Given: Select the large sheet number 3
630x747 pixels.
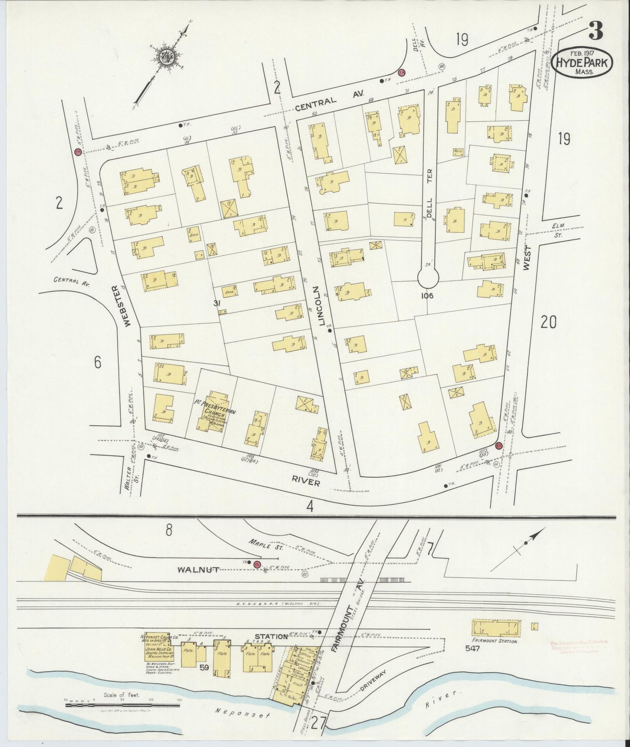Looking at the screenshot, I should [x=596, y=31].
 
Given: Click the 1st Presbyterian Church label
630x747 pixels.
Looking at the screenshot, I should [x=216, y=407].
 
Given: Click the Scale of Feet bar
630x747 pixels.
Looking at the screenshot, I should [x=123, y=704].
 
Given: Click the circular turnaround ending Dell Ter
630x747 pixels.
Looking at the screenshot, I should [x=429, y=276].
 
